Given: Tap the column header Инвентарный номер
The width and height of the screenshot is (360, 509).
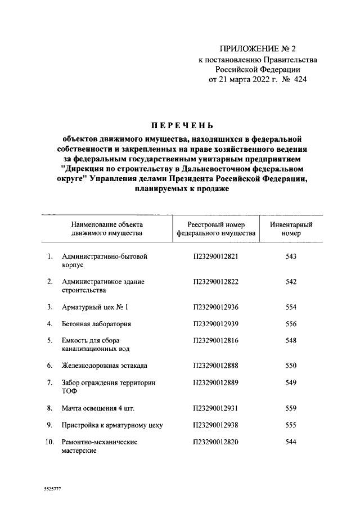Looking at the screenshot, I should point(291,228).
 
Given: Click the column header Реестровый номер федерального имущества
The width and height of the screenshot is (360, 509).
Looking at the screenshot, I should point(216,228).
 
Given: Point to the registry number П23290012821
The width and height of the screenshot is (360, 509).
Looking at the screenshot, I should point(216,256).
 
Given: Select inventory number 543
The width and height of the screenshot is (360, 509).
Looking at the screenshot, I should point(291,256).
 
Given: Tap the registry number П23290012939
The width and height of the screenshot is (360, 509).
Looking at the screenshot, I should point(216,324).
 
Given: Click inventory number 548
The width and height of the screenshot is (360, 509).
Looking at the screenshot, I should point(291,341).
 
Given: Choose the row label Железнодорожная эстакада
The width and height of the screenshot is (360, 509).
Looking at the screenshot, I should point(105,366).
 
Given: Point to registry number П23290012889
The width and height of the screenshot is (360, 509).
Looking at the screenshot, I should point(216,383).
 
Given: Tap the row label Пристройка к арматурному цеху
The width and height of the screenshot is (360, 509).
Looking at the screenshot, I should point(112,425).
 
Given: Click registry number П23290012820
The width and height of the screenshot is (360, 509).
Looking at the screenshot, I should point(216,442).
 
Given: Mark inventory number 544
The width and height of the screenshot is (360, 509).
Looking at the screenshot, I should point(291,442).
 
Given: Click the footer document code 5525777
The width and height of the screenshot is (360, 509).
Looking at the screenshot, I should point(52,489).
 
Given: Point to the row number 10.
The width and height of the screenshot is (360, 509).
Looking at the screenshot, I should point(49,442).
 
